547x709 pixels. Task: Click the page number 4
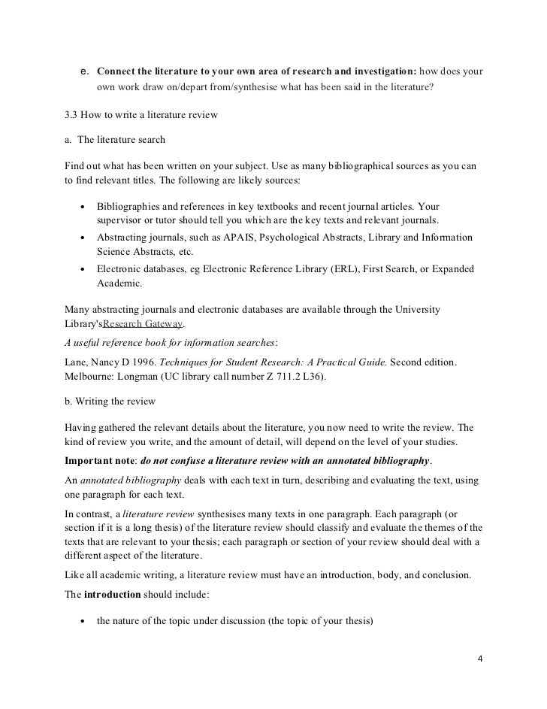481,659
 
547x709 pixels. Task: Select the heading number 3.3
74,116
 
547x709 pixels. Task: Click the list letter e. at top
85,71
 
